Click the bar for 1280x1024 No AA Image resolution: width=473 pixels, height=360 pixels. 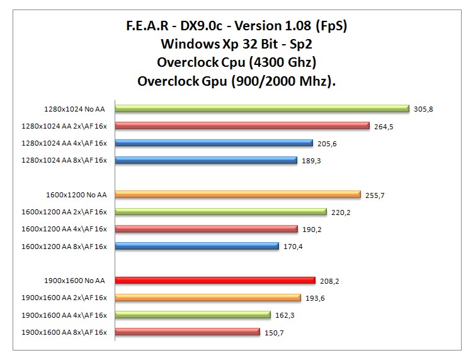pyautogui.click(x=261, y=108)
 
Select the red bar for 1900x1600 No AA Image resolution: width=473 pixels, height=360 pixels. pyautogui.click(x=215, y=281)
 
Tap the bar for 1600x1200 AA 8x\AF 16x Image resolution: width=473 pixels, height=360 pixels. pyautogui.click(x=197, y=246)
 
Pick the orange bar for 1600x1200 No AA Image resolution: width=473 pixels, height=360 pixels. pyautogui.click(x=237, y=195)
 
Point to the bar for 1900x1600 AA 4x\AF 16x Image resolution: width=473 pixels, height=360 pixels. pyautogui.click(x=193, y=315)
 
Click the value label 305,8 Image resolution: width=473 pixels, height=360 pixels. pyautogui.click(x=423, y=109)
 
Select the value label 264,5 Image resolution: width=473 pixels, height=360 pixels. pyautogui.click(x=383, y=126)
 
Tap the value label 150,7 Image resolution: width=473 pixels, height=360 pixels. pyautogui.click(x=274, y=332)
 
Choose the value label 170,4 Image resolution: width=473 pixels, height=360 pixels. pyautogui.click(x=293, y=247)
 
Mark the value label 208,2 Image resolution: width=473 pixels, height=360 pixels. pyautogui.click(x=329, y=281)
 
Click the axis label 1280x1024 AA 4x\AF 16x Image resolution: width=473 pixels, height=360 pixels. pyautogui.click(x=64, y=143)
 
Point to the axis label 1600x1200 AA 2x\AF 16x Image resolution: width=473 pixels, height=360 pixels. pyautogui.click(x=64, y=212)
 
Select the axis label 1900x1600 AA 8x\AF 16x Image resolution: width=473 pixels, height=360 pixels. pyautogui.click(x=64, y=332)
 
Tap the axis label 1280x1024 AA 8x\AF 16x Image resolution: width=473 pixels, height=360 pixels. pyautogui.click(x=64, y=160)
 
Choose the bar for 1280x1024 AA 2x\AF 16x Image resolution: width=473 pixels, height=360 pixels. pyautogui.click(x=242, y=125)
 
